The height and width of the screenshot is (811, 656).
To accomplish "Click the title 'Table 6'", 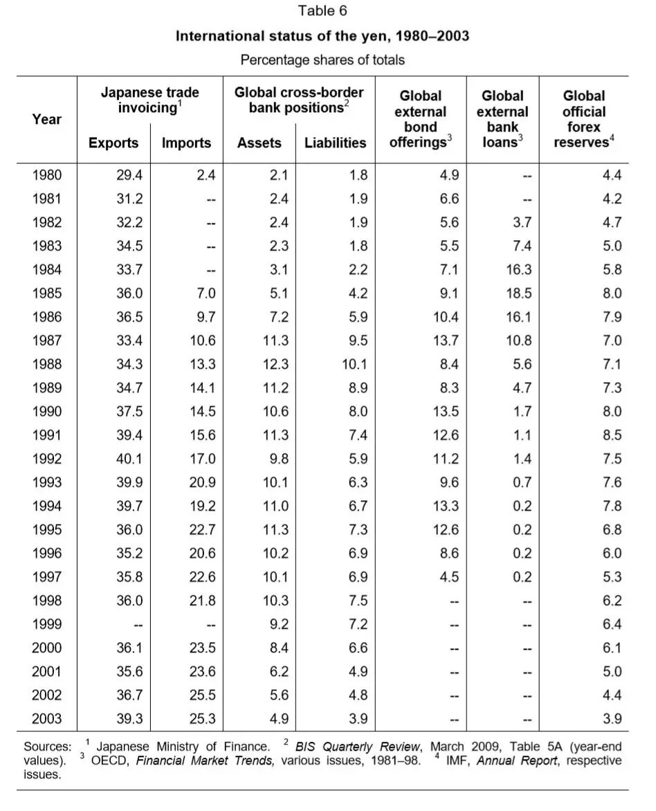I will click(322, 11).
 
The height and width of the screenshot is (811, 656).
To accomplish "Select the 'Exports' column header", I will click(113, 143).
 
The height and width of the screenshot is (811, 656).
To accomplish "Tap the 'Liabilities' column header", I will click(335, 143).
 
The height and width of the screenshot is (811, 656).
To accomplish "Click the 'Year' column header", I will click(47, 119).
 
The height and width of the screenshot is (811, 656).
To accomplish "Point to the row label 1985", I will click(47, 293).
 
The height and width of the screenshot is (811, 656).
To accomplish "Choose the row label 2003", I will click(47, 719).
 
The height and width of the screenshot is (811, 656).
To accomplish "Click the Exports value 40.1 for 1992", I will click(129, 459).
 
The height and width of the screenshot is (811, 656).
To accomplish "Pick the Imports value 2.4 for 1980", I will click(206, 175).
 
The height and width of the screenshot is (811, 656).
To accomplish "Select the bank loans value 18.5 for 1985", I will click(518, 293).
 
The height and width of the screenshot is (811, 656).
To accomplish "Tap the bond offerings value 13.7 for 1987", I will click(444, 340).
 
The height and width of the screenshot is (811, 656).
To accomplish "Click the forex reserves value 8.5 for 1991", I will click(612, 435).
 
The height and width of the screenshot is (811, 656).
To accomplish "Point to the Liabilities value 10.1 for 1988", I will click(353, 364).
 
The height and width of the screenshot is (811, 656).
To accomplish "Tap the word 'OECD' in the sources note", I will click(111, 761).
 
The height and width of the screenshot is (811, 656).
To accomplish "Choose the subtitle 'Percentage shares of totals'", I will click(322, 60).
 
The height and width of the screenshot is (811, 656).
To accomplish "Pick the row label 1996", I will click(47, 554).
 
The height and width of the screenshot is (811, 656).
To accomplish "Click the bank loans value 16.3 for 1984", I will click(518, 270).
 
